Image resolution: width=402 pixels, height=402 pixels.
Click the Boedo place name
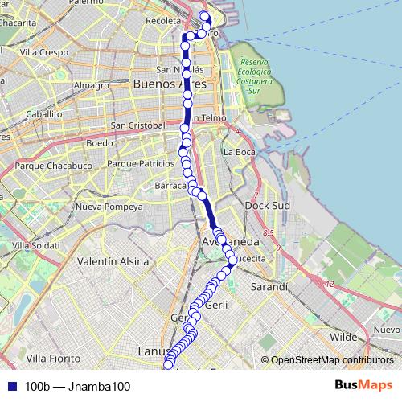tap(100, 143)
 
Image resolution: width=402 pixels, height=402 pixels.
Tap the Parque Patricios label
tap(140, 163)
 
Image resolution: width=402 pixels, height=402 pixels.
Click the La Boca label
tap(239, 151)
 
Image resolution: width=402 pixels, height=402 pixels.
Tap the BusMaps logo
tap(363, 386)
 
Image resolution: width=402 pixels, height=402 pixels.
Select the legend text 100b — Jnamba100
tap(77, 387)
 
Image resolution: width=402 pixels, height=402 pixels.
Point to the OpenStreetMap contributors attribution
tap(332, 359)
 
